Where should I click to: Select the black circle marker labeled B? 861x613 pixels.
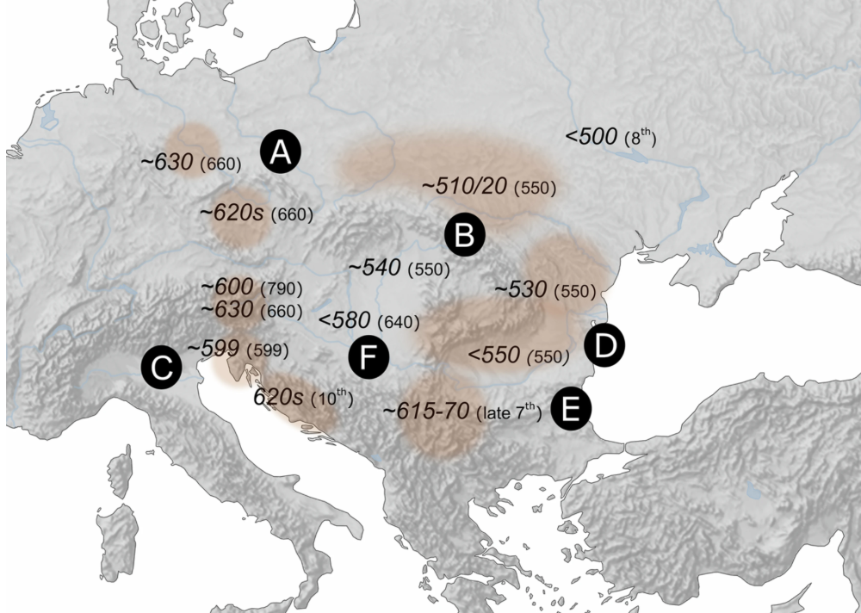click(464, 234)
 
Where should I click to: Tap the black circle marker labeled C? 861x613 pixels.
click(161, 368)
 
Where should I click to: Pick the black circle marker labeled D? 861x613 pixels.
click(604, 346)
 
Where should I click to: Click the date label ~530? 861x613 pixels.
click(520, 289)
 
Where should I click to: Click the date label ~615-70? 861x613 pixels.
click(425, 412)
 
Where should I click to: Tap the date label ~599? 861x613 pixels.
click(214, 349)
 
